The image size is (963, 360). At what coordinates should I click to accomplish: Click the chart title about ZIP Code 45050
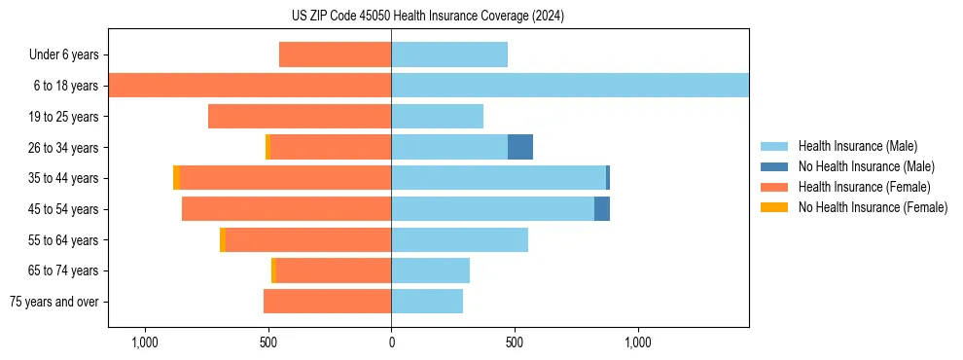click(x=428, y=17)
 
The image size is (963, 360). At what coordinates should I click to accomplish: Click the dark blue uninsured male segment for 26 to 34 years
click(x=520, y=147)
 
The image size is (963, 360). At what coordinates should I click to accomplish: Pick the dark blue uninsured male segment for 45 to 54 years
click(x=602, y=209)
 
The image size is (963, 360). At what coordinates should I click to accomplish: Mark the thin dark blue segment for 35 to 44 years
click(x=608, y=178)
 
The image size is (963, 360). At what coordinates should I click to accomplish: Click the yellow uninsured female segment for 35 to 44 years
click(x=176, y=178)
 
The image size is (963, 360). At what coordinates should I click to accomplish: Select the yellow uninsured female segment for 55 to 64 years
click(x=223, y=240)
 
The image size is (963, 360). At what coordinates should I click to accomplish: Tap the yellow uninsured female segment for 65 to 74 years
click(x=273, y=270)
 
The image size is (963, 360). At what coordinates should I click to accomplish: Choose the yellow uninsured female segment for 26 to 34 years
click(x=267, y=147)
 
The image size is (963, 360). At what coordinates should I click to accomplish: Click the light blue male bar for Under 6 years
click(x=449, y=54)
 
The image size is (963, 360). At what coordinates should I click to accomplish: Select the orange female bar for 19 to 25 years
click(x=300, y=117)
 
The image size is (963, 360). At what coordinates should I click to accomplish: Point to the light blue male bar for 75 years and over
click(x=427, y=302)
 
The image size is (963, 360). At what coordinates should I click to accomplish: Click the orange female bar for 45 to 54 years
click(x=287, y=209)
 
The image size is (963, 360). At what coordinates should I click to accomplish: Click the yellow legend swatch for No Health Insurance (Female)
click(x=774, y=207)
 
